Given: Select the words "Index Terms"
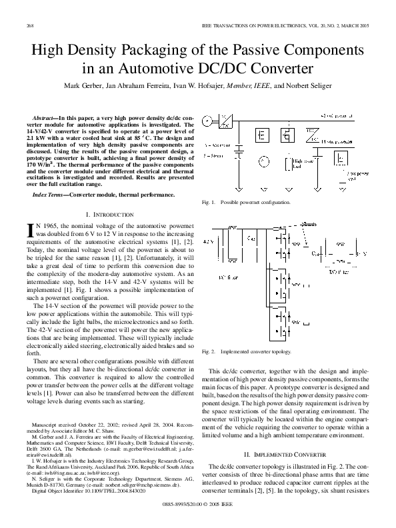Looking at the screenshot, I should pyautogui.click(x=49, y=195).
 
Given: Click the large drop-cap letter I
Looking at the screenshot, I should pyautogui.click(x=29, y=231).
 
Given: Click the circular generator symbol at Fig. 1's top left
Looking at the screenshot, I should pyautogui.click(x=207, y=121).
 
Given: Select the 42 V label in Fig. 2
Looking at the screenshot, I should pyautogui.click(x=208, y=240).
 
